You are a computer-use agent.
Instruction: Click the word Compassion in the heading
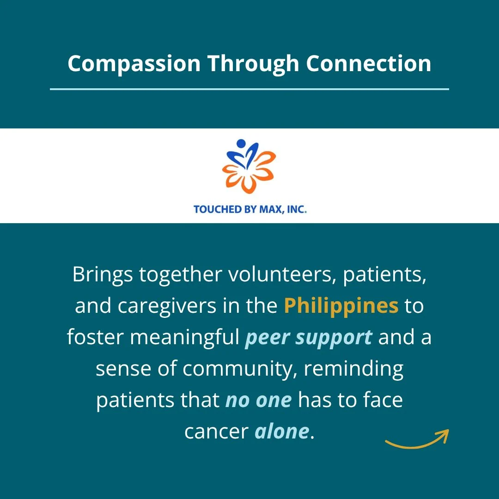[x=134, y=64]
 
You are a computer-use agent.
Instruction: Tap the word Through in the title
[x=253, y=64]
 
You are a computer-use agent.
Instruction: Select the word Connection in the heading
[x=369, y=63]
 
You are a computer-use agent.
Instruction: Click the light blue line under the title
[x=249, y=89]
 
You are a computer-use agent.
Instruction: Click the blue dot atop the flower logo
[x=241, y=144]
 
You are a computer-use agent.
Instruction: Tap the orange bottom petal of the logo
[x=249, y=184]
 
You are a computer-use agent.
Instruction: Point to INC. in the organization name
[x=297, y=209]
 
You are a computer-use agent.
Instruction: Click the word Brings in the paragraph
[x=103, y=275]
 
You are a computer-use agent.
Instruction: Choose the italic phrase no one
[x=258, y=400]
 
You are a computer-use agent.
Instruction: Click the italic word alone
[x=282, y=431]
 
